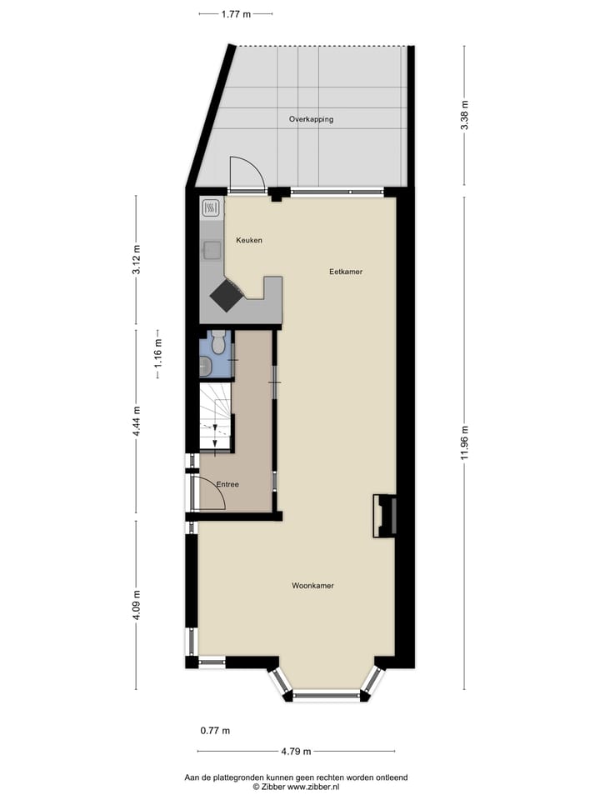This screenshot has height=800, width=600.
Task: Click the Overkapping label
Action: point(311,119)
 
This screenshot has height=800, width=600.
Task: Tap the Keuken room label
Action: point(249,240)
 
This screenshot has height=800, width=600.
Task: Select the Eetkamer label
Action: point(346,272)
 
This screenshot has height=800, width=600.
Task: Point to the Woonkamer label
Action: point(312,586)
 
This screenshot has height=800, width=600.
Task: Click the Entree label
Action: point(227,484)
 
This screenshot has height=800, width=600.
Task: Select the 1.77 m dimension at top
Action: point(236,13)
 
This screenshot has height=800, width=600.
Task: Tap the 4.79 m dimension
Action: point(295,751)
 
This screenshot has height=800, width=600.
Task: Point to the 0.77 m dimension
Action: point(215,731)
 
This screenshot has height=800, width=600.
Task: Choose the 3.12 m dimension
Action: point(137,261)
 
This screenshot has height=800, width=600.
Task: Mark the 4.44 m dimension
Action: point(137,422)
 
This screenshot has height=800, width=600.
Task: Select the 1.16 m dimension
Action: point(158,354)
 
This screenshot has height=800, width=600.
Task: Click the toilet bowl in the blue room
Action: point(218,342)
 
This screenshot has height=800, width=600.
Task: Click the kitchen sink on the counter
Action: point(212,249)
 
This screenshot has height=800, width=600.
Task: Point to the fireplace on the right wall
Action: point(384,516)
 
